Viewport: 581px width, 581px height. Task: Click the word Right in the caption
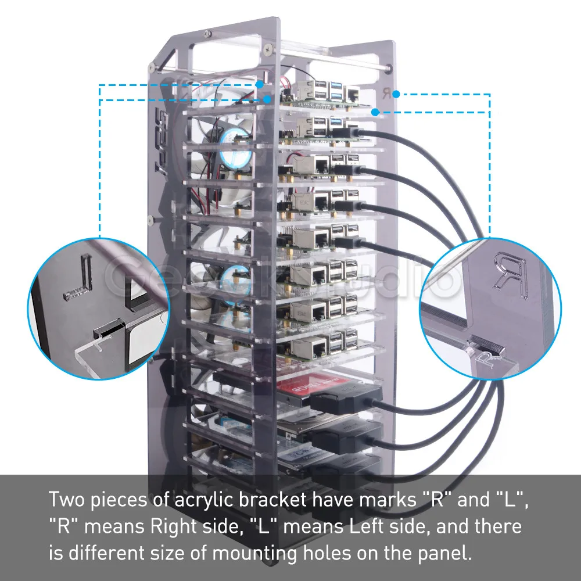176,527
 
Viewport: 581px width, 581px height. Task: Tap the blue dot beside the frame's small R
396,94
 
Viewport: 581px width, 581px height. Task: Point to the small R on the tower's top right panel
386,92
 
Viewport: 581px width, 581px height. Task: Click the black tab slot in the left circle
107,331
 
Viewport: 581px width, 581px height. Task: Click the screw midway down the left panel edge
150,220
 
